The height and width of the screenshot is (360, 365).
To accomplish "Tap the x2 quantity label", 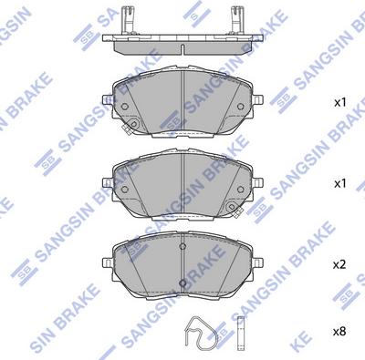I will click(339, 264).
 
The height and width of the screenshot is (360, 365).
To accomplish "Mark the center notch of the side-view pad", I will click(183, 46).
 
